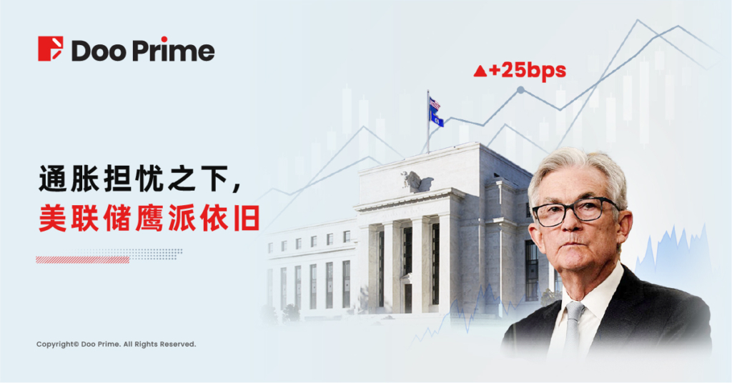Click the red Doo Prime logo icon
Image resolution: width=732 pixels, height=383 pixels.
(x=51, y=49)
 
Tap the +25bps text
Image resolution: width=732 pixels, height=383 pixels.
(x=528, y=71)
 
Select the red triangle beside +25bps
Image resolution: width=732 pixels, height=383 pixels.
(x=480, y=71)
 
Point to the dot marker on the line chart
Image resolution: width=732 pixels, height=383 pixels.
(x=520, y=89)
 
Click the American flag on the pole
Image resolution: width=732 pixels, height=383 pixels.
(x=435, y=103)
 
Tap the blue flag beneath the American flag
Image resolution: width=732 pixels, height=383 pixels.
(x=436, y=118)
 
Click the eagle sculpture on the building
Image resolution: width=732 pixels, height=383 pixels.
(x=415, y=181)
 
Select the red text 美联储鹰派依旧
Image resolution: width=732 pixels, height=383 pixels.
(x=149, y=217)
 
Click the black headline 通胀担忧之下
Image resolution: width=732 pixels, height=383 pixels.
(x=140, y=179)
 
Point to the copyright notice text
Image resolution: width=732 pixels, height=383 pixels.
(x=117, y=344)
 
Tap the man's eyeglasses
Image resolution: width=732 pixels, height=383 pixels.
(x=576, y=212)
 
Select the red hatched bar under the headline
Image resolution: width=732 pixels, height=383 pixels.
(x=83, y=260)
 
